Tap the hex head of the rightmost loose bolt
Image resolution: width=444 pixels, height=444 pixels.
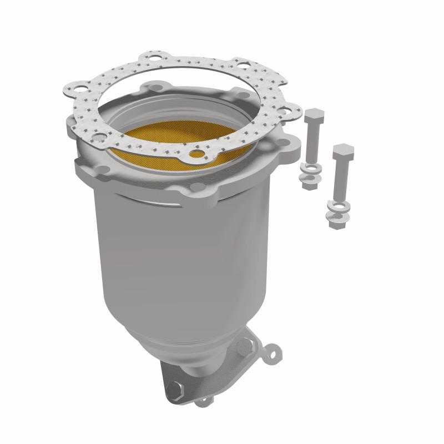pyautogui.click(x=343, y=151)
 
